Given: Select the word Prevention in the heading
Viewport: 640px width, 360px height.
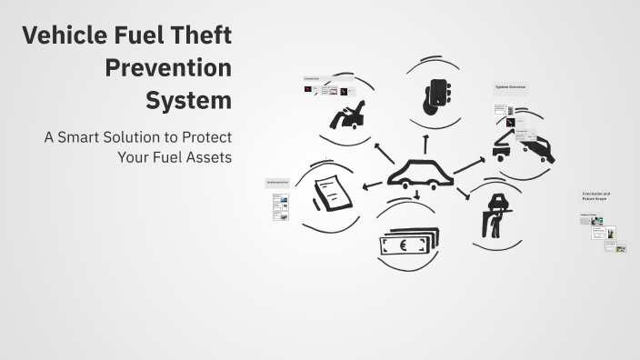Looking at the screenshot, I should tap(168, 68).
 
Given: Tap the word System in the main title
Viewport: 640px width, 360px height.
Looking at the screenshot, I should tap(189, 99).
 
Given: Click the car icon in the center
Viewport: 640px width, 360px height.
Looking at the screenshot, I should tap(420, 173).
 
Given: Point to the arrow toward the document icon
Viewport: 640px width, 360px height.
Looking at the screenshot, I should tap(371, 185).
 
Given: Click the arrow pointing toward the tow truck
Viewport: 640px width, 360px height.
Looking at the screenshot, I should tap(471, 164).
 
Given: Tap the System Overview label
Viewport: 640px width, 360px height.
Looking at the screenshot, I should tap(510, 87).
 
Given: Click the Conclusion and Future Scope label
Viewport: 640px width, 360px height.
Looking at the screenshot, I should tap(596, 195).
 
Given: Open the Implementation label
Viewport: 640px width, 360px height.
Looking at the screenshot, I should tap(278, 182).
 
